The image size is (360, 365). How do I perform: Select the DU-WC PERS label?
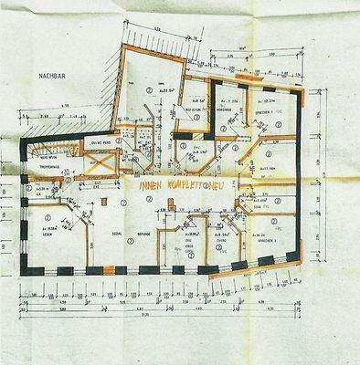(101, 143)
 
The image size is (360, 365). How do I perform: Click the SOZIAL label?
(117, 234)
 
